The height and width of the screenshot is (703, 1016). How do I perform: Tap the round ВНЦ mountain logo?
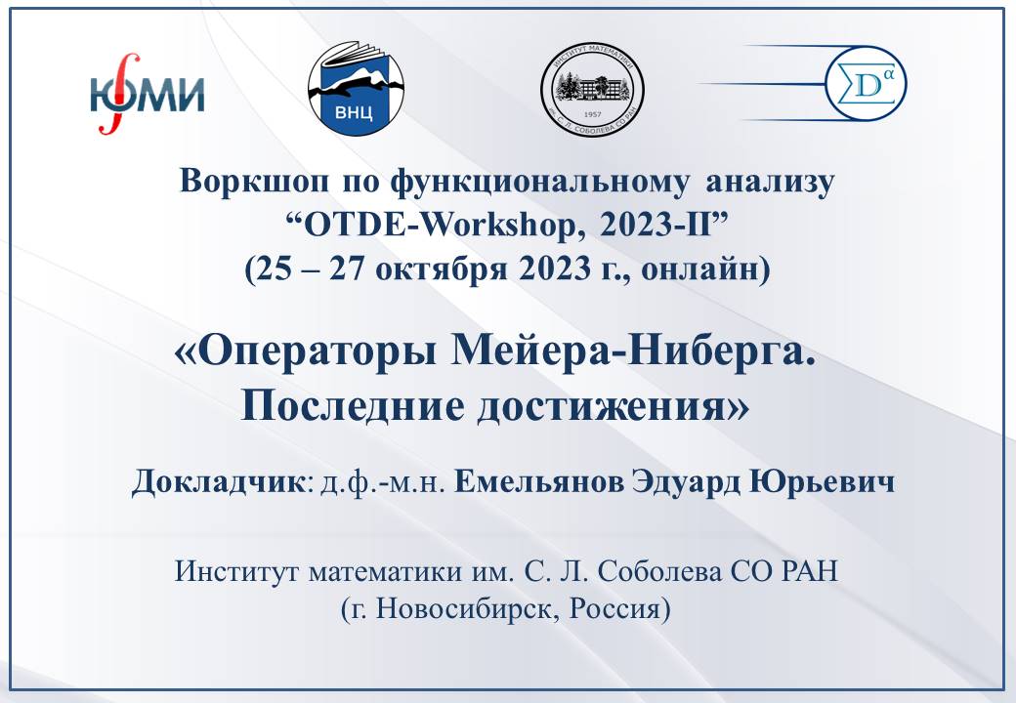point(356,89)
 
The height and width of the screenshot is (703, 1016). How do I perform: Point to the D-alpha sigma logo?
point(866,85)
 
